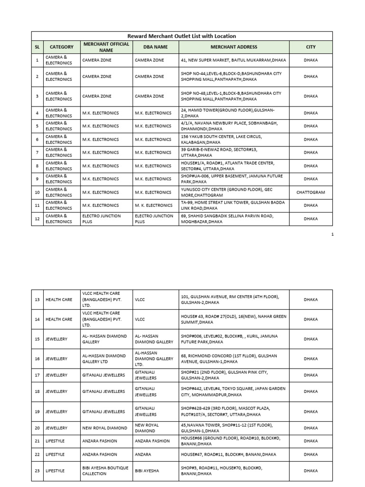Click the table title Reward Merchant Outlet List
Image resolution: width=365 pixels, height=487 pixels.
coord(182,36)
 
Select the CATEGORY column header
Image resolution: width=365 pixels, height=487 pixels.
coord(62,47)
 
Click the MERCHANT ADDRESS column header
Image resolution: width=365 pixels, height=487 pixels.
coord(233,47)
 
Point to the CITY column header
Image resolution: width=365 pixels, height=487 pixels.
coord(310,47)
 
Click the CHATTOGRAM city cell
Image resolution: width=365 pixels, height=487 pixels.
coord(310,192)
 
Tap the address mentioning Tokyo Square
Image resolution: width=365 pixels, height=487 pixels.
coord(233,392)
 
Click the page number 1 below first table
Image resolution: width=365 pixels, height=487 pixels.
coord(333,234)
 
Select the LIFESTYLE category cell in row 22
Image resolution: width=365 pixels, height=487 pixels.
coord(55,454)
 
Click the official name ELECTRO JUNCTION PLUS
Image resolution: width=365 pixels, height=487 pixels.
coord(101,219)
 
